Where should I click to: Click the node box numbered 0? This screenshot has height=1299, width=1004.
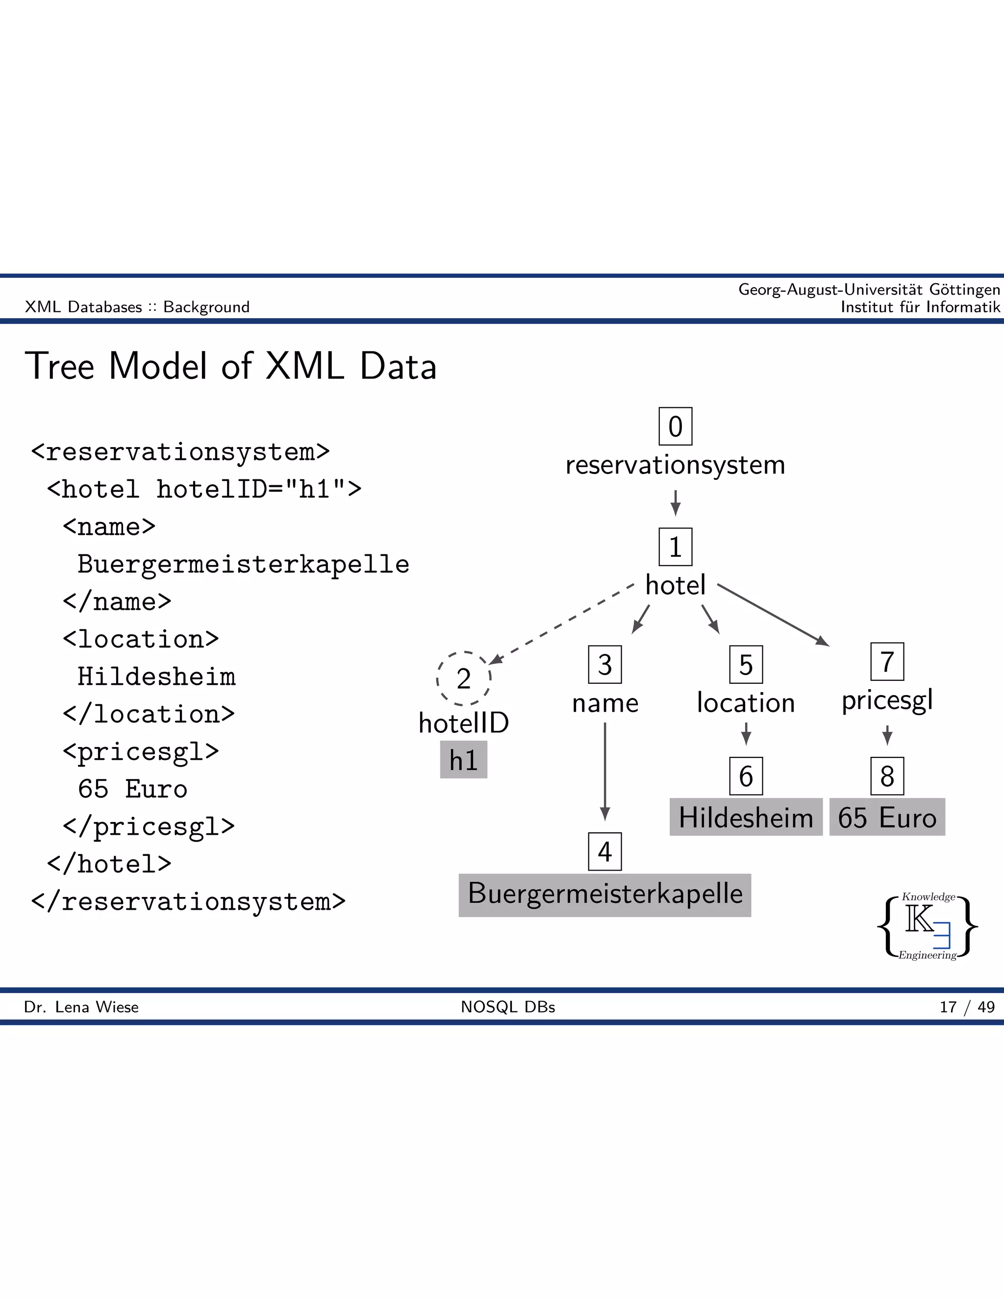point(675,426)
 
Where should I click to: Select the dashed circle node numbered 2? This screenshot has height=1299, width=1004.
point(463,678)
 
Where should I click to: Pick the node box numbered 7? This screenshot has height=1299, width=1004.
point(886,661)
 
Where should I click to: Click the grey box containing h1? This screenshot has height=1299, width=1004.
point(463,759)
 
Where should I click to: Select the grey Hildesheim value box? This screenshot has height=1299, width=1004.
point(745,817)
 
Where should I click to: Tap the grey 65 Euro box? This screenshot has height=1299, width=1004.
point(886,817)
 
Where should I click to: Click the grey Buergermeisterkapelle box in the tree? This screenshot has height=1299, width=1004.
point(604,895)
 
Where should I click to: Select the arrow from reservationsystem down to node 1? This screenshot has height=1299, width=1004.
point(675,502)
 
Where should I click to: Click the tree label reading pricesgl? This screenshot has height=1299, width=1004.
point(886,700)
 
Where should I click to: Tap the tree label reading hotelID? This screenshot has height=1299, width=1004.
point(463,723)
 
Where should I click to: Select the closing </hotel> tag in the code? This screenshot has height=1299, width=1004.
point(109,864)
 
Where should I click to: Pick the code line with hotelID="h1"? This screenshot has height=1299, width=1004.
point(204,489)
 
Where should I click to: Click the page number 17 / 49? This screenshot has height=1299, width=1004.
point(967,1007)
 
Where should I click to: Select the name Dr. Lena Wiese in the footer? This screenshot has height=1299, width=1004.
point(81,1007)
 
